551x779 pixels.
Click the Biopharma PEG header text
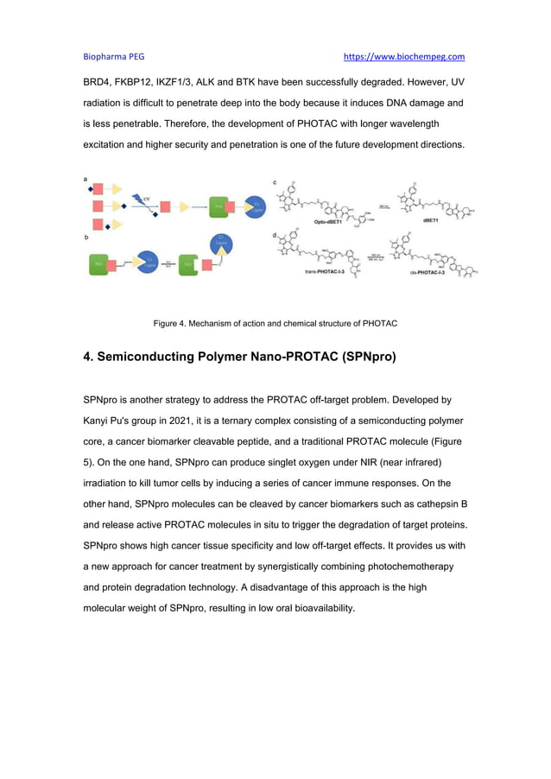113,57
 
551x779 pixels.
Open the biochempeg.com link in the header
404,57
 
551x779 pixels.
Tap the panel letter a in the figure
85,178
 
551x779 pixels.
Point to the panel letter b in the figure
85,235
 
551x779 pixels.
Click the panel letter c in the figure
275,182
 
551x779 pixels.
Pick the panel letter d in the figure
275,235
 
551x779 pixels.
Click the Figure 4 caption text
275,324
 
